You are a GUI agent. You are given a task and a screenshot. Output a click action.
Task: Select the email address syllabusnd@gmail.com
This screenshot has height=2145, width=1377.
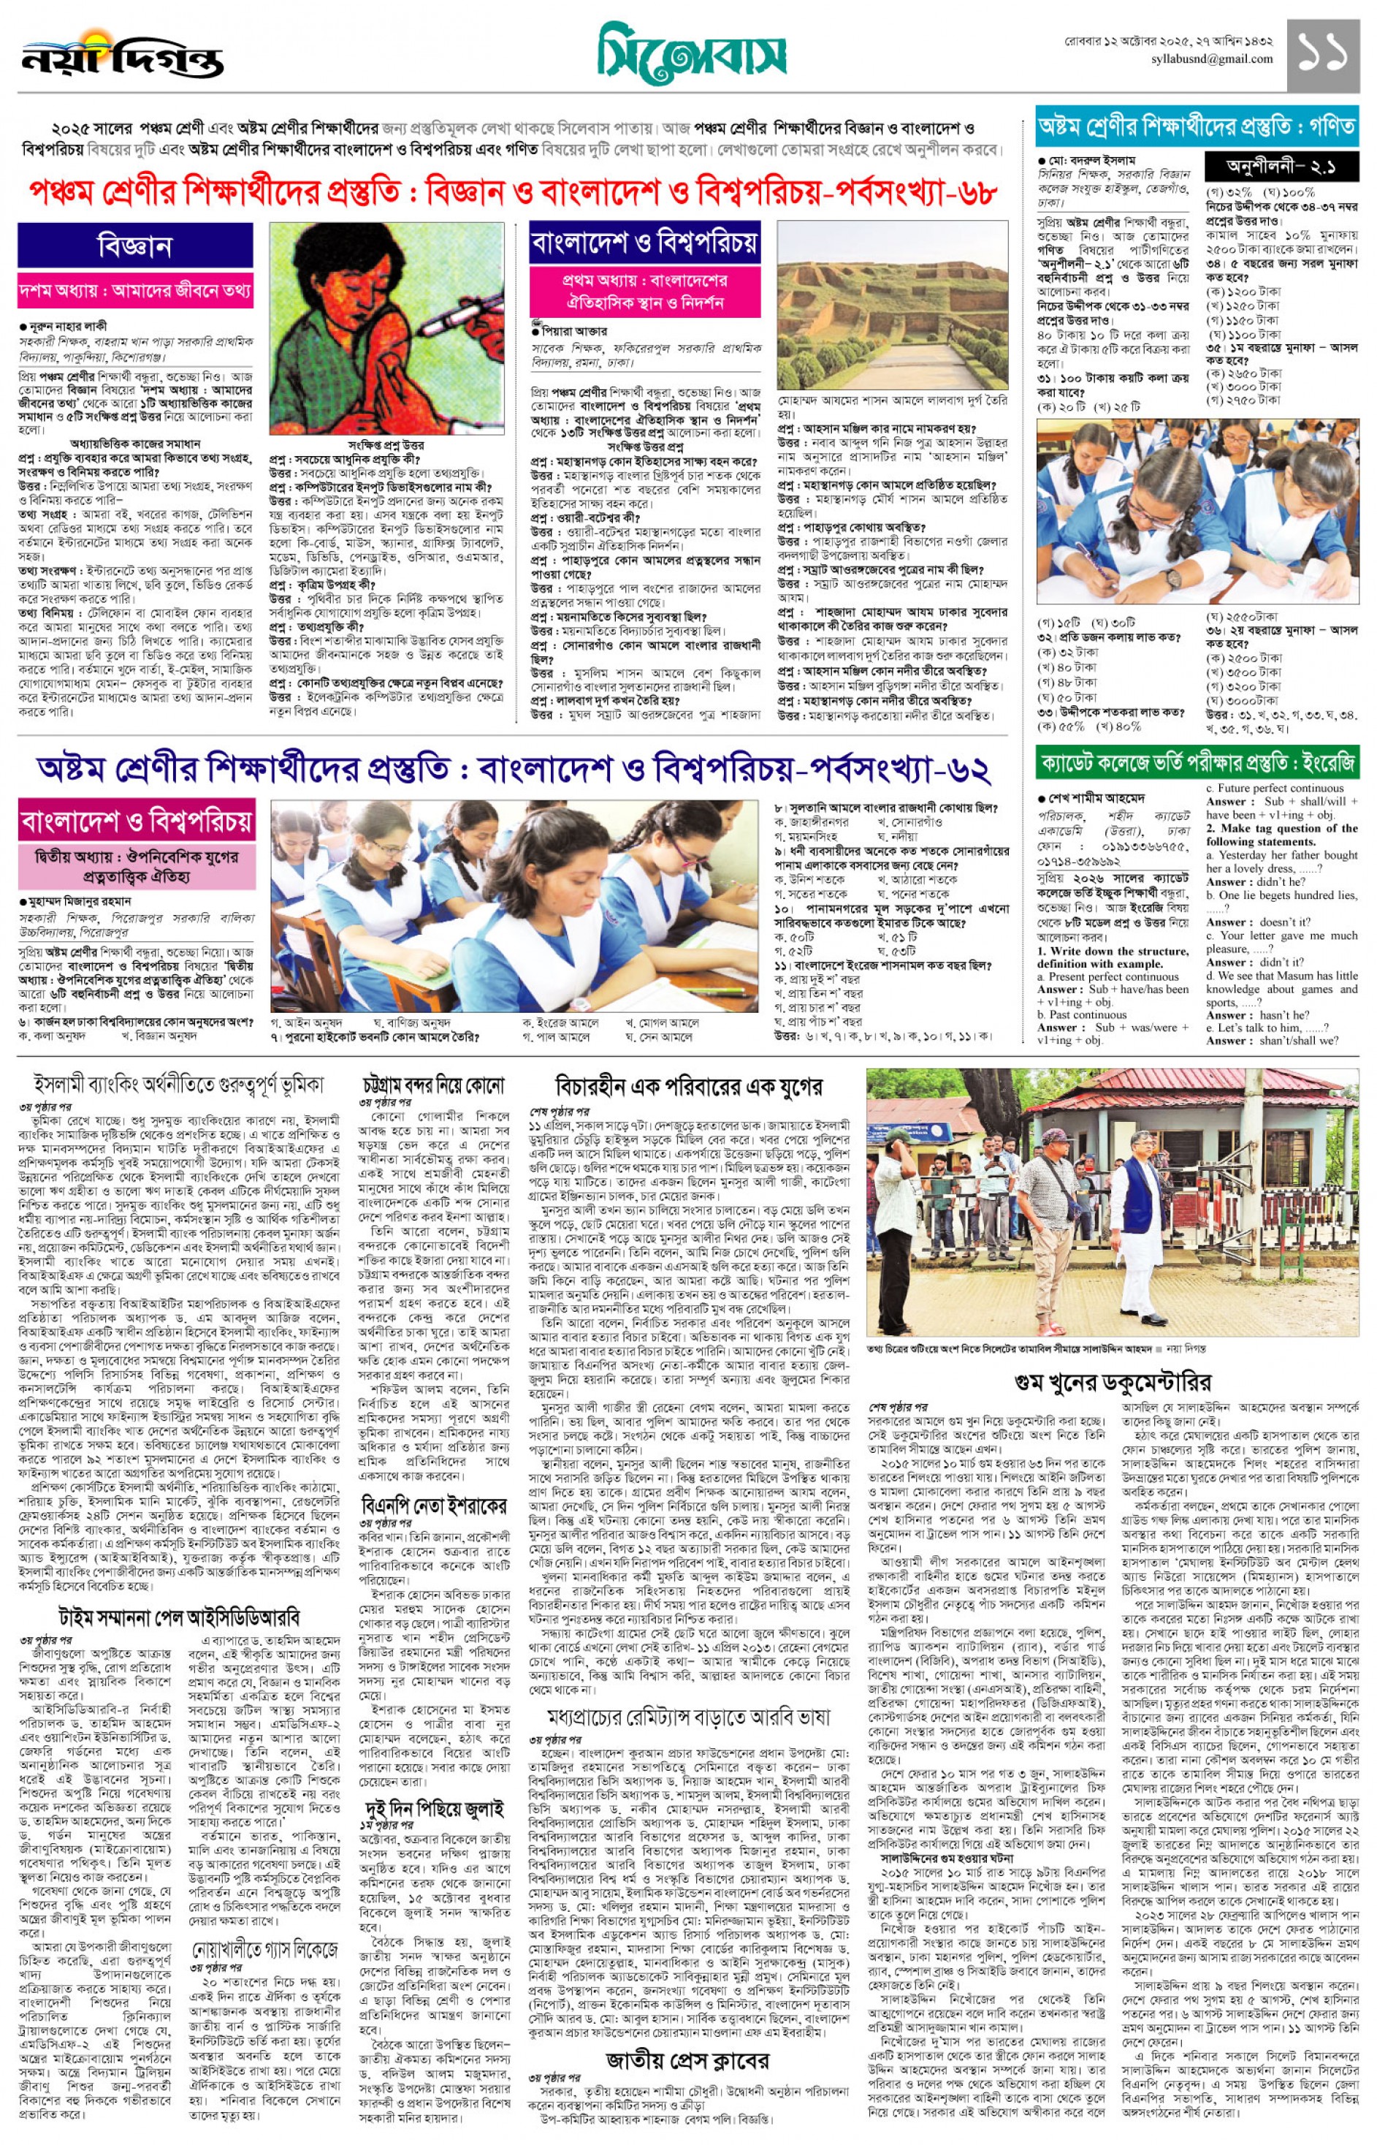[1212, 59]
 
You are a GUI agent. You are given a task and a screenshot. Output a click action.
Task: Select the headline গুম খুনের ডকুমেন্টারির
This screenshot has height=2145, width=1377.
[1113, 1382]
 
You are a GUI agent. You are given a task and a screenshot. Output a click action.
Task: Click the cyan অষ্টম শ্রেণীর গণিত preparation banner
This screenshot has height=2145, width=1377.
[1196, 127]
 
